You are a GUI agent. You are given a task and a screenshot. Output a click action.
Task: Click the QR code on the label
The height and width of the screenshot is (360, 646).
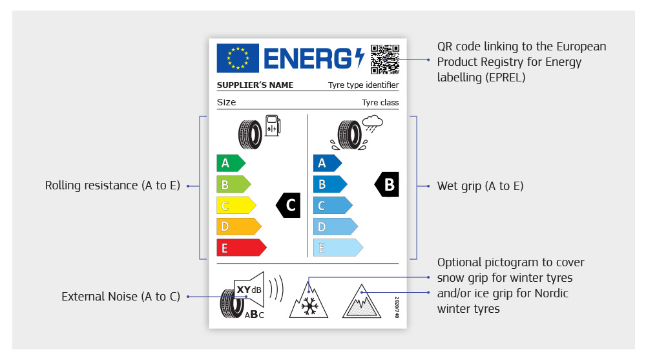click(x=385, y=59)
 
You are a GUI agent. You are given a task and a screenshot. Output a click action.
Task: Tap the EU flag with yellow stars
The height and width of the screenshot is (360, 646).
click(x=238, y=58)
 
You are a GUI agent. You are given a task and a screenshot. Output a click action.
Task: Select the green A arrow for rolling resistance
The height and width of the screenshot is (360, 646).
click(x=231, y=163)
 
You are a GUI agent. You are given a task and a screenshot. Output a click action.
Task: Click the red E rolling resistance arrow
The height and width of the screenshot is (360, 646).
click(x=242, y=248)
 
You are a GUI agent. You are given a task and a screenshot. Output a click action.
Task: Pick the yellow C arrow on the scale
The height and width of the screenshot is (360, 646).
click(x=236, y=206)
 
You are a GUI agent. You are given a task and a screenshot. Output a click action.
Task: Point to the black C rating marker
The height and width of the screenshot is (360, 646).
click(x=288, y=205)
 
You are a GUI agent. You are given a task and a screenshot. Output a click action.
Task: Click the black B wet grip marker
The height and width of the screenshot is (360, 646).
click(x=386, y=184)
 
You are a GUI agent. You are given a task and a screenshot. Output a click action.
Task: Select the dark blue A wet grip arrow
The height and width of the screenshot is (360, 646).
click(x=327, y=163)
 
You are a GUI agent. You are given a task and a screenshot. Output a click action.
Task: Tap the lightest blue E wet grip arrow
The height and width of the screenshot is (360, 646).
click(x=338, y=248)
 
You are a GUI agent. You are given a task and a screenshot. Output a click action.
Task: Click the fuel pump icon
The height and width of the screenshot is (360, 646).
click(x=273, y=125)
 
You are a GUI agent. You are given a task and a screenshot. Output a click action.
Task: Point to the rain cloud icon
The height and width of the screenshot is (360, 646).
click(x=373, y=123)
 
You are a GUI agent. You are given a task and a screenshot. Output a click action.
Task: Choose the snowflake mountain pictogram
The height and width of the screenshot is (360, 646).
click(x=309, y=300)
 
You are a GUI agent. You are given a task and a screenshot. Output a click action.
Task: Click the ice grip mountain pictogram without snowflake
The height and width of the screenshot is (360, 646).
click(x=361, y=301)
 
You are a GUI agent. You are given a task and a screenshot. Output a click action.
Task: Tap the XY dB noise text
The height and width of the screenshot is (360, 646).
click(x=249, y=290)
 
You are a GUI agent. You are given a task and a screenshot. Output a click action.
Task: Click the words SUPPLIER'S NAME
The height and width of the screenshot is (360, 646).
click(x=255, y=85)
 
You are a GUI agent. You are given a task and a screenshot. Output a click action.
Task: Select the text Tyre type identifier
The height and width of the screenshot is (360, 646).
click(x=363, y=85)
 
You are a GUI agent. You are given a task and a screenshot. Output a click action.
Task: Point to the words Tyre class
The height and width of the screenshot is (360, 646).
click(x=380, y=102)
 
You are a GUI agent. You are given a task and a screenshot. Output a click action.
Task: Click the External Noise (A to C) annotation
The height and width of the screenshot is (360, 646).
click(x=121, y=297)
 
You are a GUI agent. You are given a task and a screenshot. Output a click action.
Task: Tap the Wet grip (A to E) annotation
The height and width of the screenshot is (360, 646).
click(x=481, y=186)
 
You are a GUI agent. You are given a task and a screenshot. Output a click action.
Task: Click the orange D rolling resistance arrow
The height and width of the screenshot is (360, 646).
click(x=239, y=226)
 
